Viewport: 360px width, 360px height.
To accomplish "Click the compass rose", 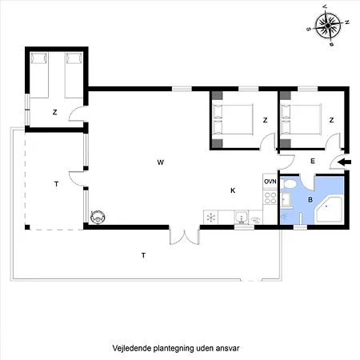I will click(328, 26).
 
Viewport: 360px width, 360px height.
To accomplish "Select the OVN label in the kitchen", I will click(270, 182).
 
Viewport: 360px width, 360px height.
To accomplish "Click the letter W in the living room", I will click(160, 162).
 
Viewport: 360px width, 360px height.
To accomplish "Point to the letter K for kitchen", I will click(233, 190).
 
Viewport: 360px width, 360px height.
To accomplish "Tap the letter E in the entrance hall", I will click(313, 162).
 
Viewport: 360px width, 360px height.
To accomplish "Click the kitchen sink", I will click(240, 217).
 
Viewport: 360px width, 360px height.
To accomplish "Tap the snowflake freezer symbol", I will click(210, 217).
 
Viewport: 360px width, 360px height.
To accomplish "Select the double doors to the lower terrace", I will click(183, 237).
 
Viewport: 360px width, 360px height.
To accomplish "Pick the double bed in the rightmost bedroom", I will click(303, 121).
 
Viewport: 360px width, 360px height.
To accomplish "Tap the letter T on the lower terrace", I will click(143, 255).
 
